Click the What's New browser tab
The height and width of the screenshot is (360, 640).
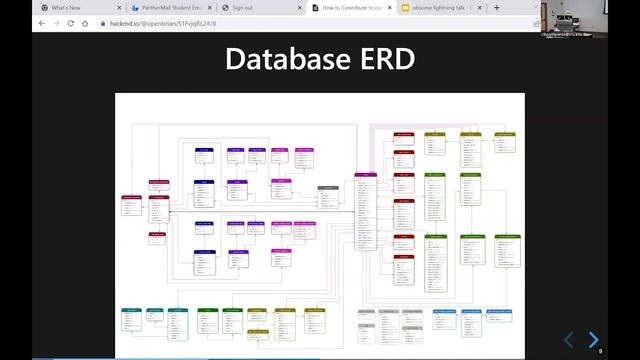66,7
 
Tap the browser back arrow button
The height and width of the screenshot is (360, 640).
42,23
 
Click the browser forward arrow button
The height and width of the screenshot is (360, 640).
56,23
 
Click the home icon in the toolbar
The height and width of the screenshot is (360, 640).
85,23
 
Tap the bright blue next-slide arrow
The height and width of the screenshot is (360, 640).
593,340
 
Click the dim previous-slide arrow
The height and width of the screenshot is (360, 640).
569,340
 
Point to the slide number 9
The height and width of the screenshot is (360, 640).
600,352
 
